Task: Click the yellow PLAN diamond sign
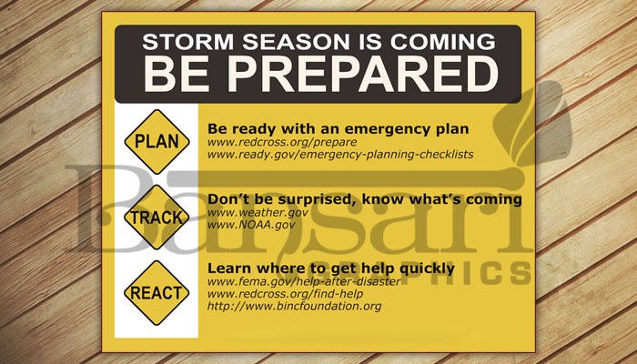(157, 141)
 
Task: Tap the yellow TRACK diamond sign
(157, 217)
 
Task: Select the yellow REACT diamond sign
(157, 292)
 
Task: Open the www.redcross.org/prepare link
(282, 142)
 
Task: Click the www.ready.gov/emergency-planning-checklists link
(340, 155)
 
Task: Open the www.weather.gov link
(258, 212)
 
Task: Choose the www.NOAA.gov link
(251, 225)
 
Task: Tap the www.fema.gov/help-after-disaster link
(304, 281)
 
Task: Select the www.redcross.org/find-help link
(285, 294)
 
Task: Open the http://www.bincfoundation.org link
(294, 306)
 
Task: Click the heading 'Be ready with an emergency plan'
(338, 129)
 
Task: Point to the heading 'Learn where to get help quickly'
(331, 268)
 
